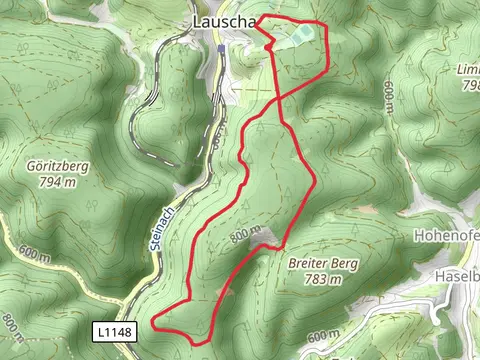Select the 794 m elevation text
coord(56,182)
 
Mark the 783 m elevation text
coord(321,280)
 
